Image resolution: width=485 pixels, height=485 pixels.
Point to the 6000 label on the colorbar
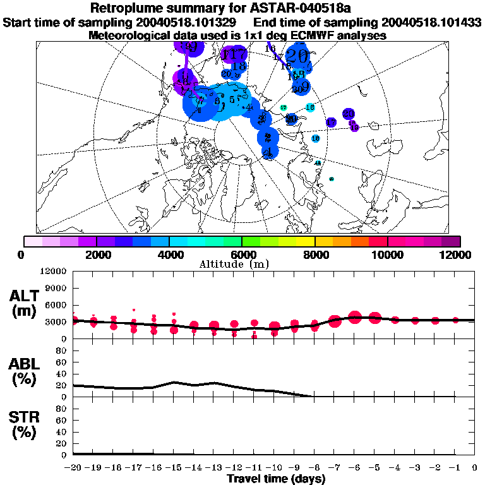(x=242, y=254)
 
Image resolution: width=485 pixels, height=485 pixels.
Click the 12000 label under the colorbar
(x=458, y=254)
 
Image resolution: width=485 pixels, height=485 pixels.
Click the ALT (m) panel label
(x=27, y=302)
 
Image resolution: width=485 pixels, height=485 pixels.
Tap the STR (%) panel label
(x=27, y=425)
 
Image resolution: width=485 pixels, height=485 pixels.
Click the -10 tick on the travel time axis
(x=274, y=467)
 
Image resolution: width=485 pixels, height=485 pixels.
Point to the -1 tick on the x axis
(x=455, y=467)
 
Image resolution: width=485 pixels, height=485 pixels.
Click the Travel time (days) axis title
(x=276, y=479)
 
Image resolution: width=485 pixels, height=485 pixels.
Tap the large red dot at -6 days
(x=355, y=317)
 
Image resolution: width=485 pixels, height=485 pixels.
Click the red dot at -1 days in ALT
(x=455, y=320)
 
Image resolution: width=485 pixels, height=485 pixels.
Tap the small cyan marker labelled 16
(x=309, y=107)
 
